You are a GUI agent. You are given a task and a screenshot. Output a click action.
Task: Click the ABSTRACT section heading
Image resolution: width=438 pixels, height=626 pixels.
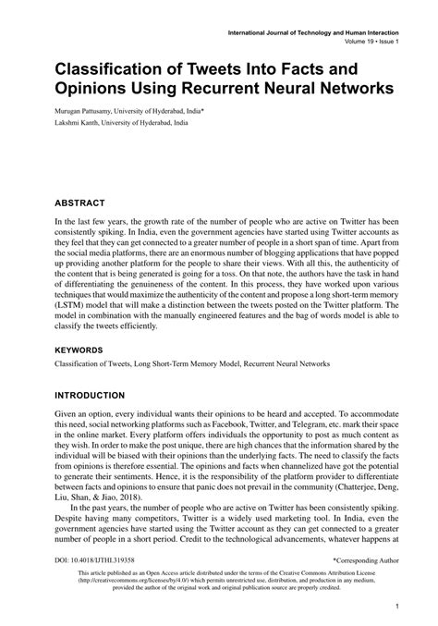tap(79, 203)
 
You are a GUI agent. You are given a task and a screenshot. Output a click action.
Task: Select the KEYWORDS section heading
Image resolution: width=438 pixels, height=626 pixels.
tap(80, 325)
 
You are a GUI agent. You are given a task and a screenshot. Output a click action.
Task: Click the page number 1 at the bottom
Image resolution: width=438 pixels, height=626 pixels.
tap(395, 608)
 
